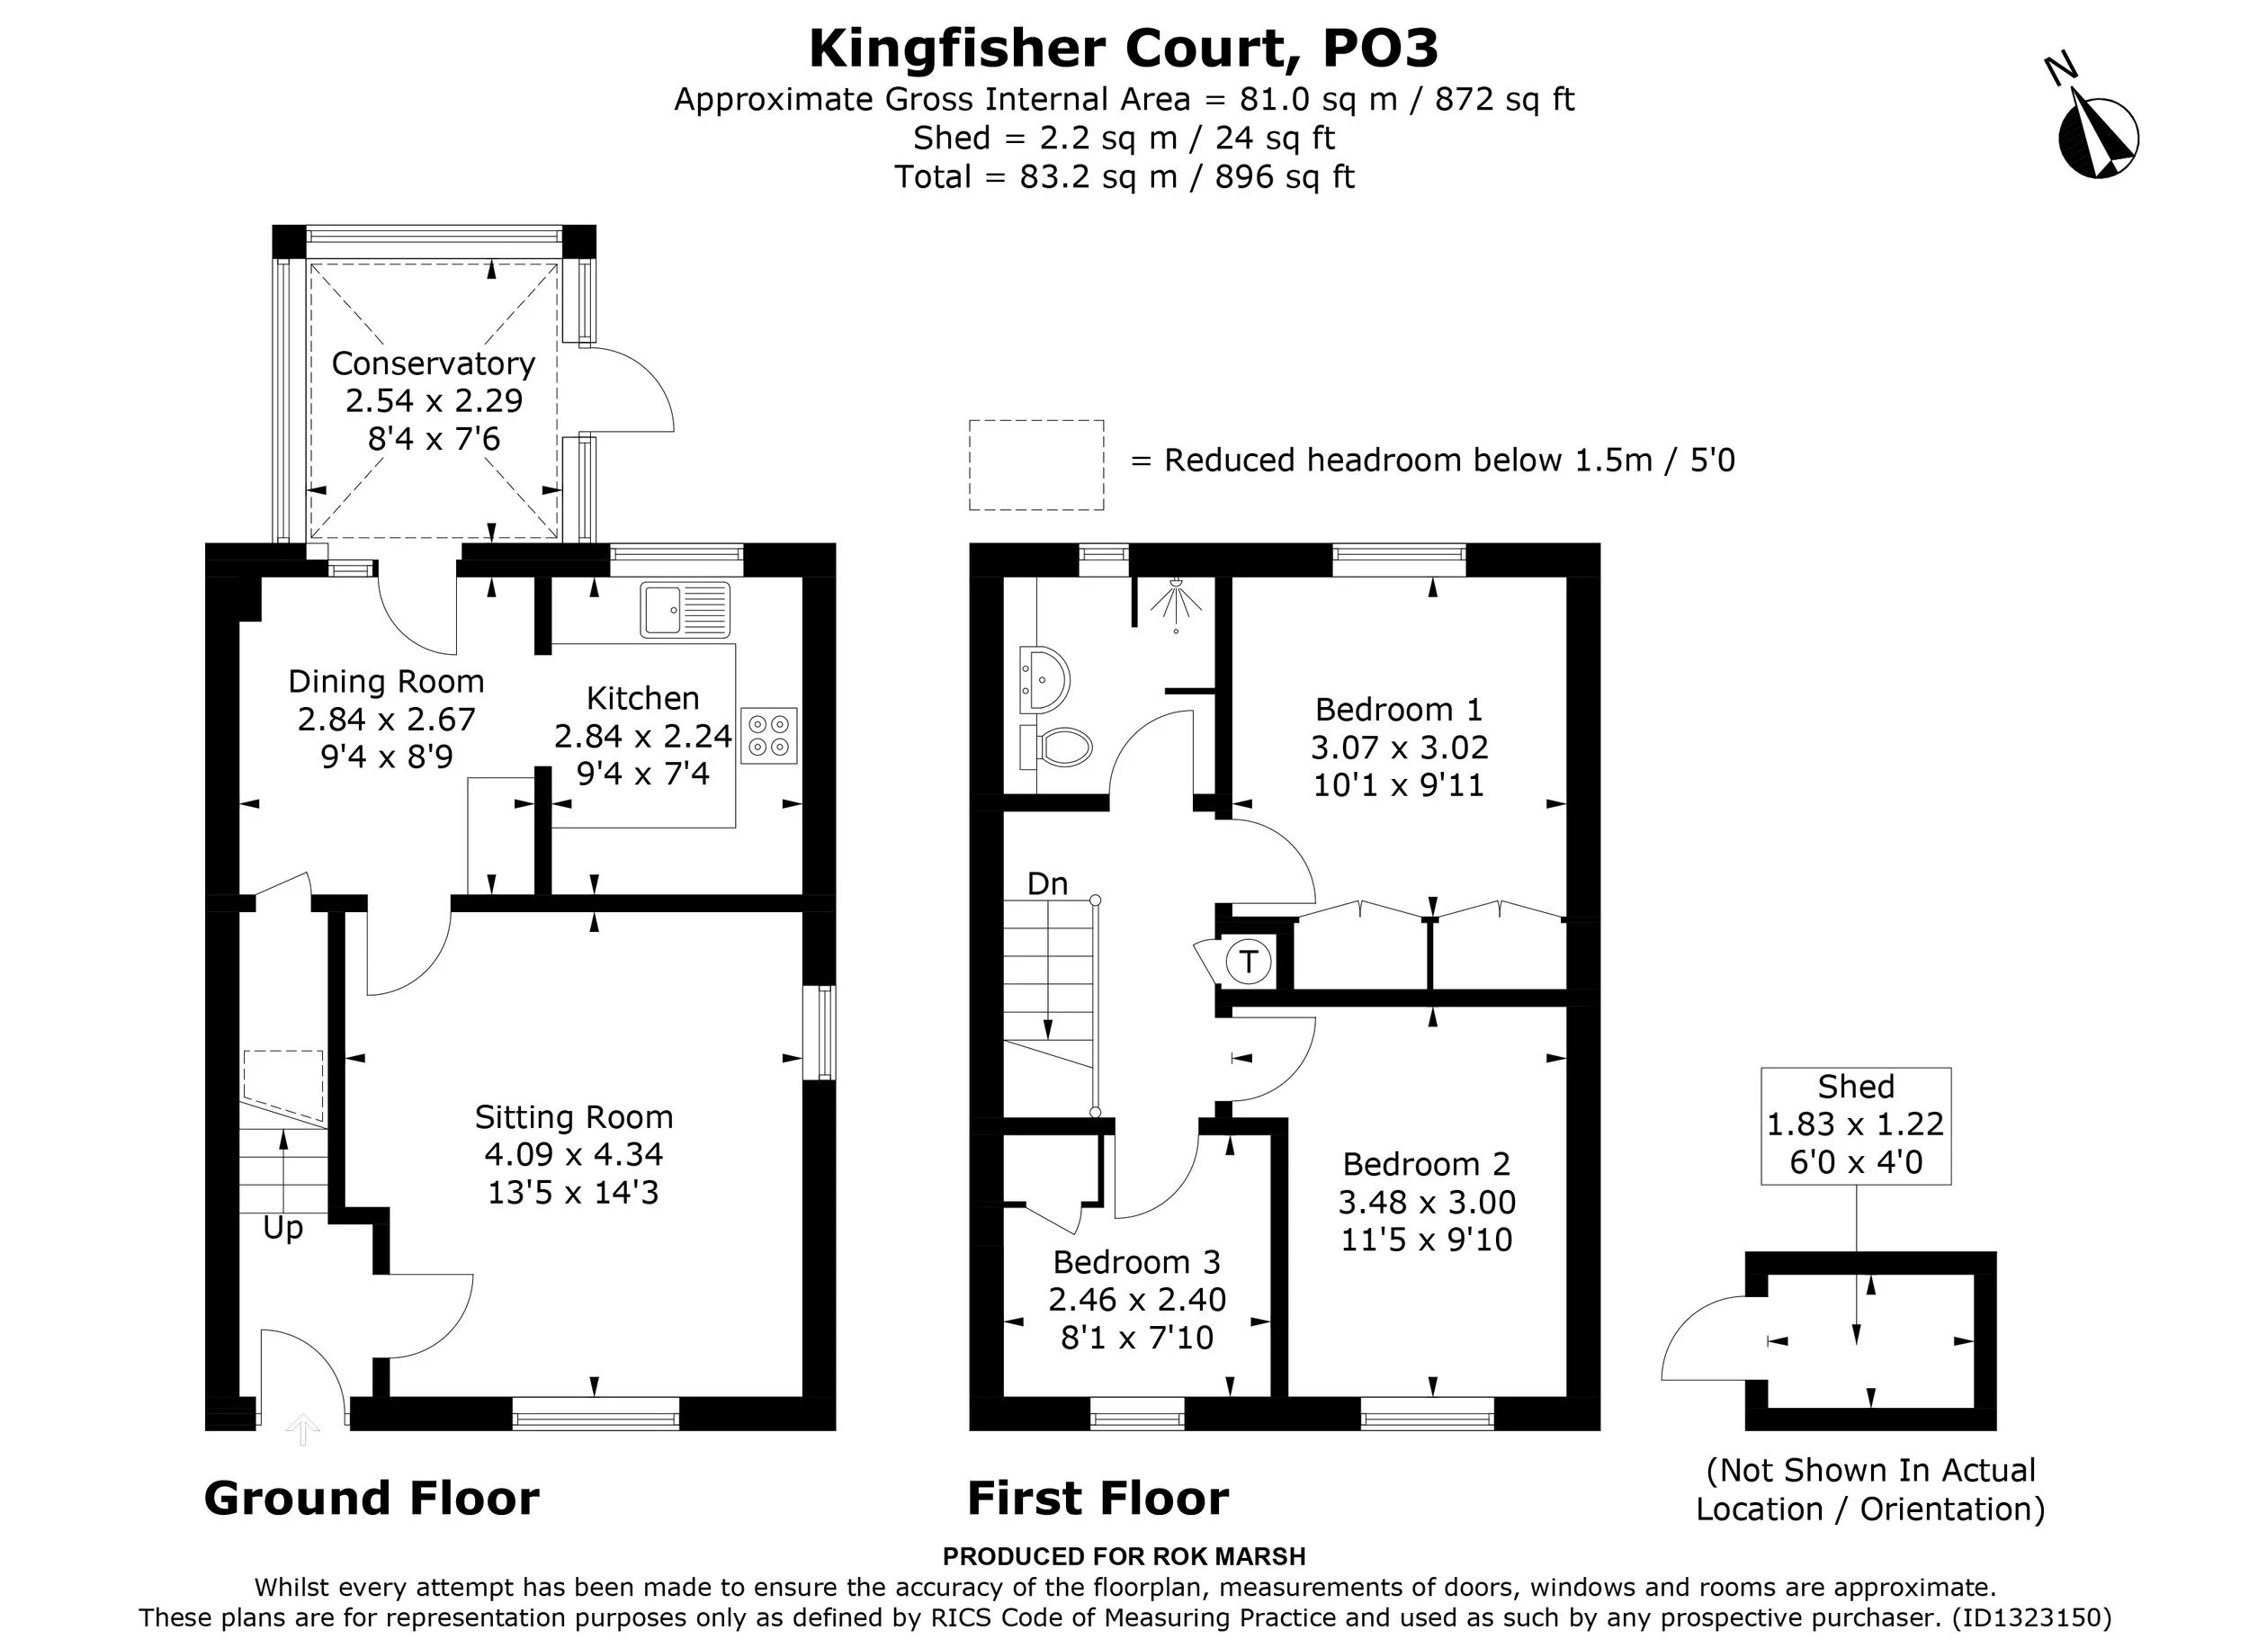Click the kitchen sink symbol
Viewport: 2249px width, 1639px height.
pyautogui.click(x=685, y=609)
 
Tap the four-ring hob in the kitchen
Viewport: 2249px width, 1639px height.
pyautogui.click(x=768, y=735)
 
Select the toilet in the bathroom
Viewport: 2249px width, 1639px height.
pyautogui.click(x=1055, y=746)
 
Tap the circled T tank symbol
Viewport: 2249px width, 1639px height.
pyautogui.click(x=1248, y=961)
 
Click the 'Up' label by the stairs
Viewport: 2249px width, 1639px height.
pyautogui.click(x=282, y=1228)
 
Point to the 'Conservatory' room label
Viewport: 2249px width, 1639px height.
pyautogui.click(x=434, y=363)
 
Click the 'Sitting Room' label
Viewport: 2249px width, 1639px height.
pyautogui.click(x=573, y=1117)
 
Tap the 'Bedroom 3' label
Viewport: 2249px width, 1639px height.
pyautogui.click(x=1136, y=1262)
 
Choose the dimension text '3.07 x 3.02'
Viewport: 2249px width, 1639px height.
pyautogui.click(x=1399, y=747)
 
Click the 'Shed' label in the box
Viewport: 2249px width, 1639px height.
pyautogui.click(x=1856, y=1087)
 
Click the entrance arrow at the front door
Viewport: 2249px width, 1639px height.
pyautogui.click(x=302, y=1429)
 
